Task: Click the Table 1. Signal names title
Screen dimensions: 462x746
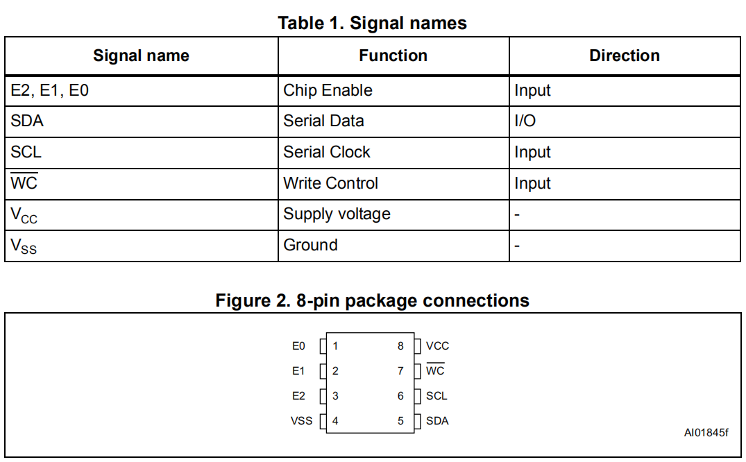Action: (x=372, y=23)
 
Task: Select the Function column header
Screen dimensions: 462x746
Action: (x=393, y=56)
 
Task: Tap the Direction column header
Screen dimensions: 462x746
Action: (x=624, y=56)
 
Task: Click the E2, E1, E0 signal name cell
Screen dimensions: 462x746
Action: (x=50, y=90)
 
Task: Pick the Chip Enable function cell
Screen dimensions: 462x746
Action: (x=328, y=90)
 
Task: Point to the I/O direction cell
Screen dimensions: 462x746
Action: (x=525, y=121)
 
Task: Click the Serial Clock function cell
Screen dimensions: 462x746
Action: (x=327, y=152)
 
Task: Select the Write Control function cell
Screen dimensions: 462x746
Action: (x=331, y=183)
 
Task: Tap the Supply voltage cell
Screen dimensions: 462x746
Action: (x=337, y=214)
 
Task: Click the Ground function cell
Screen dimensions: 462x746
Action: (x=310, y=245)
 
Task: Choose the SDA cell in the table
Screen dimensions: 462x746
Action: (x=27, y=121)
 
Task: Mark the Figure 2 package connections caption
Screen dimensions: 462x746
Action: (x=372, y=300)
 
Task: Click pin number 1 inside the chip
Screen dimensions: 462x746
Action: (x=335, y=345)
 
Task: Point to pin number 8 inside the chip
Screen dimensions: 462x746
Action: (x=400, y=345)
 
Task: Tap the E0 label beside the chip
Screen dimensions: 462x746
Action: (x=298, y=345)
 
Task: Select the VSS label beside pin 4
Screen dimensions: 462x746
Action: (x=301, y=420)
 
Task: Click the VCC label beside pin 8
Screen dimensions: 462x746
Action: (x=438, y=345)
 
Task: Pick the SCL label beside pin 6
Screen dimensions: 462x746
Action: (x=436, y=395)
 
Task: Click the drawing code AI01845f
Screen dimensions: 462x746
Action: (x=706, y=432)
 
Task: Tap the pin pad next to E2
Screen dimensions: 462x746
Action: (x=322, y=396)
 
